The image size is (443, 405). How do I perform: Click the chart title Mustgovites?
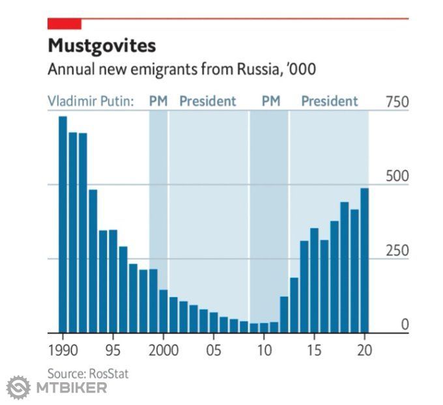[102, 46]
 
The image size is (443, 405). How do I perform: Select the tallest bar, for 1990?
[63, 224]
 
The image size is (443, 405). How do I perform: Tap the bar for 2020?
[364, 260]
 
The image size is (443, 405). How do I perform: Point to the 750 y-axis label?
[396, 102]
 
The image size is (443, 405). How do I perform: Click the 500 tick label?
[396, 177]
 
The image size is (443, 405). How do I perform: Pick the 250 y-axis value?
[396, 251]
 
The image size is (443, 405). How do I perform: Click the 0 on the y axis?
[404, 324]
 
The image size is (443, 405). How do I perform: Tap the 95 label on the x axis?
[113, 349]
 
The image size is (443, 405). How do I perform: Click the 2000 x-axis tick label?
[163, 349]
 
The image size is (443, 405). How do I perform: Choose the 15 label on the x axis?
[314, 349]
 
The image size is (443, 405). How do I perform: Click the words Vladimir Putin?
[91, 102]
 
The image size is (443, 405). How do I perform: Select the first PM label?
[158, 102]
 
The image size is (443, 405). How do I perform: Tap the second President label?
[329, 102]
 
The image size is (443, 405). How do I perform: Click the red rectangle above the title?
[64, 24]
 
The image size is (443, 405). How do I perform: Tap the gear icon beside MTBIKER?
[18, 387]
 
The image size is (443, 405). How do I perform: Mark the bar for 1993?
[93, 260]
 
